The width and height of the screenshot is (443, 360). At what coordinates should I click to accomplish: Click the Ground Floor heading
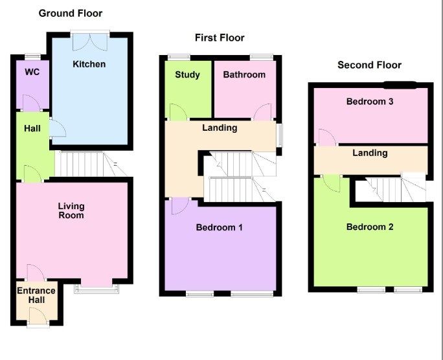(x=71, y=13)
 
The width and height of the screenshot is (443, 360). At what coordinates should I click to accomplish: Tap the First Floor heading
(x=220, y=38)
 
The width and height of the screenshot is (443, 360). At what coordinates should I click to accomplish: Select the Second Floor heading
(x=369, y=65)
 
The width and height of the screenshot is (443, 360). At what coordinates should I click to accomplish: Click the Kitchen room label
(x=89, y=64)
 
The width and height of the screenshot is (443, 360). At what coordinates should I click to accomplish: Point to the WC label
(x=32, y=72)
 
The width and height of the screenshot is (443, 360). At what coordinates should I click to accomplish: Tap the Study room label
(x=187, y=74)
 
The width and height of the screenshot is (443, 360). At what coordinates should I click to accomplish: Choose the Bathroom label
(x=244, y=74)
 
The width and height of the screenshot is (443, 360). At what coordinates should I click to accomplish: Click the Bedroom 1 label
(x=220, y=227)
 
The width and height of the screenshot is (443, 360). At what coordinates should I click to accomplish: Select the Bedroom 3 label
(x=370, y=102)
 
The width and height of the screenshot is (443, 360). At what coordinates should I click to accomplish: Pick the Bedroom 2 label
(x=370, y=227)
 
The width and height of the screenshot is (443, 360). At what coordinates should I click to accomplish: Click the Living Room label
(x=71, y=210)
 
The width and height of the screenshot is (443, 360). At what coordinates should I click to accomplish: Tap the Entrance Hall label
(x=36, y=295)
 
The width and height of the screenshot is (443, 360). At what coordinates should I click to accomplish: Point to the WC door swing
(x=31, y=103)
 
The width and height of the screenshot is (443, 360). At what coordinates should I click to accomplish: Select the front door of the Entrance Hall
(x=38, y=316)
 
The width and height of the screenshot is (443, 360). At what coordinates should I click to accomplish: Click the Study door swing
(x=178, y=112)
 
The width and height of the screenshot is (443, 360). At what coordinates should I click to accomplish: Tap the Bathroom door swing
(x=262, y=112)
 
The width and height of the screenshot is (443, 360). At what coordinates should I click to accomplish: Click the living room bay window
(x=97, y=289)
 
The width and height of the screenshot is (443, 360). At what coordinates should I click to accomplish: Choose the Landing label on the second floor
(x=370, y=153)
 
